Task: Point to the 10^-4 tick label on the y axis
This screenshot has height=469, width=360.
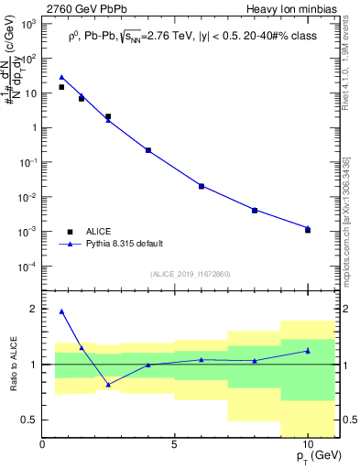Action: [29, 267]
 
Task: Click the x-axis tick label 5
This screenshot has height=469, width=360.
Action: [175, 444]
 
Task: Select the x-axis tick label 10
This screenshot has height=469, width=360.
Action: [308, 444]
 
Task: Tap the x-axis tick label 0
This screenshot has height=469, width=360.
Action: [43, 444]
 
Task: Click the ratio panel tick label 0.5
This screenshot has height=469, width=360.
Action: [31, 420]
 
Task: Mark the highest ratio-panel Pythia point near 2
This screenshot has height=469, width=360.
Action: [61, 311]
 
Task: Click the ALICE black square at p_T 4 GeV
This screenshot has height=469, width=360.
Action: [148, 150]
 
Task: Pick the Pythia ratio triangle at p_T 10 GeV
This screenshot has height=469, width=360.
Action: [308, 350]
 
